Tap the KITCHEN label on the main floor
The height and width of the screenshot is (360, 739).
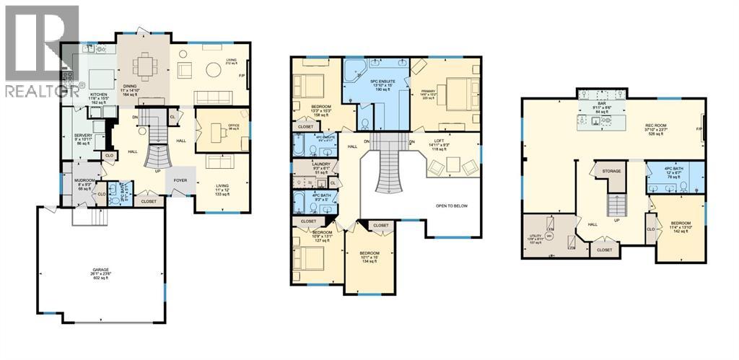click(x=98, y=95)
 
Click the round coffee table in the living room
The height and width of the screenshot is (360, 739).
click(x=214, y=70)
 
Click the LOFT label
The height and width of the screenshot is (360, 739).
click(x=439, y=141)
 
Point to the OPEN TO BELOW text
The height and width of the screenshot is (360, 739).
click(x=451, y=206)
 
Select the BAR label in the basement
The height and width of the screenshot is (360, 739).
click(x=600, y=105)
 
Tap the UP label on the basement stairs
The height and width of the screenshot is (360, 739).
click(x=616, y=220)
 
